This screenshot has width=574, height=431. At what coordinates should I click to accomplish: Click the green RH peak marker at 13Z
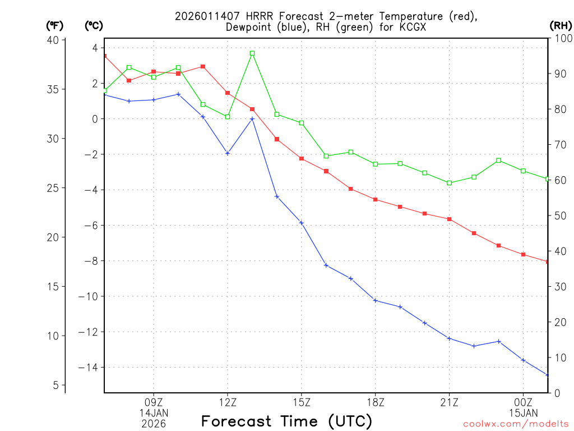coord(252,53)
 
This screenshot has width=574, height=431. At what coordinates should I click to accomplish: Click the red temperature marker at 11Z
coord(203,67)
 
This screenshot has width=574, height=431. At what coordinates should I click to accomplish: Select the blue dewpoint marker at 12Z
coord(228,153)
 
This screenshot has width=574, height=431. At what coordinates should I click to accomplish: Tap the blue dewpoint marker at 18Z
coord(376,301)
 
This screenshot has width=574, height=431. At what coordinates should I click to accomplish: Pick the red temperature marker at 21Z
coord(450,219)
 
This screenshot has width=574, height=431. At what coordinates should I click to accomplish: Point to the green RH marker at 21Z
coord(450,183)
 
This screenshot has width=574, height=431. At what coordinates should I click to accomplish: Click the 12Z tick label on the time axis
coord(228,402)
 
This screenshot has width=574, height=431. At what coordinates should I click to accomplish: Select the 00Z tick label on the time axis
coord(524,402)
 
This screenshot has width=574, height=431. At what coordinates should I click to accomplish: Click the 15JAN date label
coord(524,412)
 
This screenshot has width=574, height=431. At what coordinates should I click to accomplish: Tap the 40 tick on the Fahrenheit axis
coord(53,40)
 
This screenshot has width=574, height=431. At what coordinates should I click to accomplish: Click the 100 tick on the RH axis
coord(561,39)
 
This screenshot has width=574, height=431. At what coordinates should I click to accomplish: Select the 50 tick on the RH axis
coord(558,216)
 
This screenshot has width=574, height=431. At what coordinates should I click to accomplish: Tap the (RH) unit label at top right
coord(561,25)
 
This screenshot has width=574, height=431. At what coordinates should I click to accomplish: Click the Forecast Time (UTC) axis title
coord(286,421)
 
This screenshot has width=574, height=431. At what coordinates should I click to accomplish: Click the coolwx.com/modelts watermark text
coord(516,424)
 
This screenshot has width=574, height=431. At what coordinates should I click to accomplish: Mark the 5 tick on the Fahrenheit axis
coord(56,386)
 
